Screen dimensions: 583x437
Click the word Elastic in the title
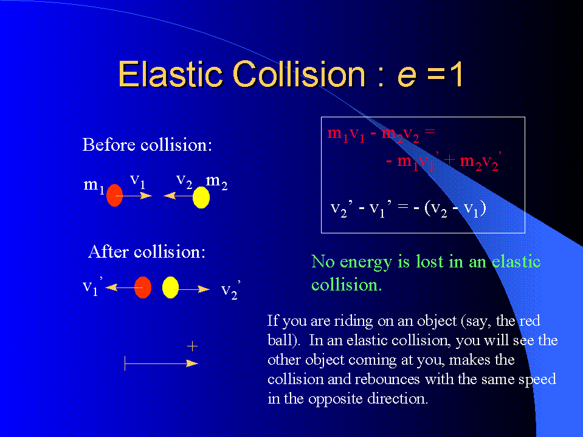click(x=170, y=74)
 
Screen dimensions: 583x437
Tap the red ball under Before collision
click(x=114, y=195)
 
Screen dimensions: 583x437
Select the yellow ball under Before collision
click(x=201, y=198)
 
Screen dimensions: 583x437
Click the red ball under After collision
click(x=143, y=287)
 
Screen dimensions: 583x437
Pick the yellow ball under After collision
click(x=171, y=287)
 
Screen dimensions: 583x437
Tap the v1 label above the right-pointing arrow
click(x=137, y=181)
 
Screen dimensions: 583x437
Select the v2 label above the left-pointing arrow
click(x=184, y=181)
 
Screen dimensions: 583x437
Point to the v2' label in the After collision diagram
click(x=230, y=290)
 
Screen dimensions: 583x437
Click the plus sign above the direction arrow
click(x=192, y=346)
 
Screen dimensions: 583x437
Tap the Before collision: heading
click(x=147, y=145)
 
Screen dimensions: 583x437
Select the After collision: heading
click(x=147, y=252)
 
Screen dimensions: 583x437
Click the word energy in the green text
click(x=366, y=263)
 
